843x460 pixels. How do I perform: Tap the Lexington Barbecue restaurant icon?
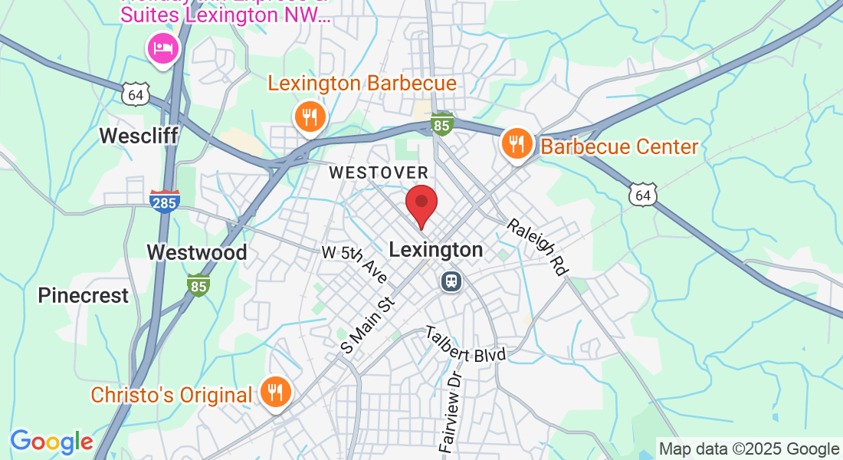click(x=310, y=117)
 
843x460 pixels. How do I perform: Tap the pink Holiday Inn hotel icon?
click(x=163, y=50)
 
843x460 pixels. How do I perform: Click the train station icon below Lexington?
click(x=451, y=281)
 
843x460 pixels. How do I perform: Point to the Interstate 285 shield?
click(x=165, y=201)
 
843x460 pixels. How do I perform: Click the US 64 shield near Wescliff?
click(x=135, y=94)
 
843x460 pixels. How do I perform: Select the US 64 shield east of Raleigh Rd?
click(x=642, y=195)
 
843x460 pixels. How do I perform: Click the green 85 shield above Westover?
click(x=441, y=124)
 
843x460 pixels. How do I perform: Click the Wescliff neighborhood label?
click(x=139, y=136)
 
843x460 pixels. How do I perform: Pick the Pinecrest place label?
click(x=84, y=295)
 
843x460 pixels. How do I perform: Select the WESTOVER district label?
click(x=379, y=173)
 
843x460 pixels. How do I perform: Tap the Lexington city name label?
click(x=436, y=250)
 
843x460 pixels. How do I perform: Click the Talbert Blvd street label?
click(x=467, y=344)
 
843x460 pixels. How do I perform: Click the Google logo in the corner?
click(x=51, y=442)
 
